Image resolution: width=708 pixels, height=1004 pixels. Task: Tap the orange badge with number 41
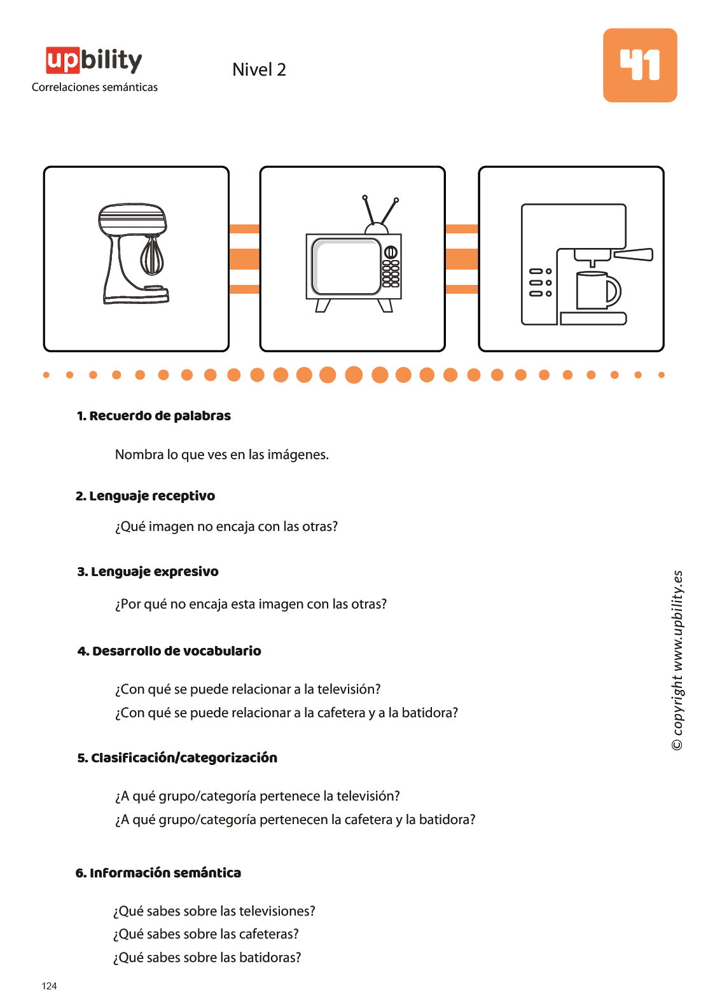click(x=639, y=65)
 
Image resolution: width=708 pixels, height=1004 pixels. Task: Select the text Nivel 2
click(x=259, y=69)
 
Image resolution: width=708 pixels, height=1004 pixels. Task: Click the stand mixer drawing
click(x=133, y=254)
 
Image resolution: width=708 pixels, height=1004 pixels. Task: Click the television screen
click(x=345, y=266)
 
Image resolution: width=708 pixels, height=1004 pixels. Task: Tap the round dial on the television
click(x=390, y=252)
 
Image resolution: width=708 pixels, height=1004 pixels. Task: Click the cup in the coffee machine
click(x=598, y=290)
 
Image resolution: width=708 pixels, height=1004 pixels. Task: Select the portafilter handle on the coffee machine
click(x=633, y=254)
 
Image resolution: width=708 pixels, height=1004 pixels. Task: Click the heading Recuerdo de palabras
click(x=154, y=415)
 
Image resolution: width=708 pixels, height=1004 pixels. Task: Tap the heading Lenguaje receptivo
click(x=145, y=496)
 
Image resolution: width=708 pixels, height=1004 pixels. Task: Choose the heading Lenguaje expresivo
click(x=148, y=572)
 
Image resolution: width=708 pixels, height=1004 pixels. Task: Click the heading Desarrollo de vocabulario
click(x=169, y=651)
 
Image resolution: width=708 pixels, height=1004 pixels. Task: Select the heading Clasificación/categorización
click(x=177, y=758)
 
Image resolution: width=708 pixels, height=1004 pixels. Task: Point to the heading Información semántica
click(x=158, y=872)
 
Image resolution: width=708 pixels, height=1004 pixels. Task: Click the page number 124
click(x=50, y=986)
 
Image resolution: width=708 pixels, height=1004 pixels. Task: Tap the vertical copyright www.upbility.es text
click(x=677, y=660)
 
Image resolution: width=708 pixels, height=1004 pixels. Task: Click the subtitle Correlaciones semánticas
click(x=95, y=87)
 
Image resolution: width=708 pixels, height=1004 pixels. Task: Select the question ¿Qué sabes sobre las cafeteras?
click(x=206, y=934)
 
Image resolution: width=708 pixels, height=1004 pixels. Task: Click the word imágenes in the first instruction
click(x=298, y=455)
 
